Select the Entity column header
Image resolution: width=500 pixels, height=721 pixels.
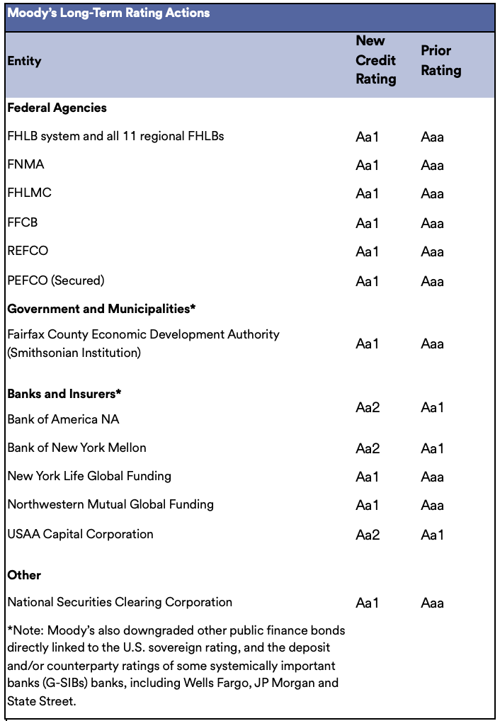tap(24, 61)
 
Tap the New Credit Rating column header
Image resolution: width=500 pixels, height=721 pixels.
tap(375, 60)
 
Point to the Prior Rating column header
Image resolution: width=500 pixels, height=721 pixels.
tap(441, 61)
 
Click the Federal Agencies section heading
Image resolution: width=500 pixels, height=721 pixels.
tap(57, 108)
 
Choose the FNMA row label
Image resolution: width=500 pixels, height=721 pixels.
tap(25, 164)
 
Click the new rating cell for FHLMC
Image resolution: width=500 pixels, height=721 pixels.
tap(368, 193)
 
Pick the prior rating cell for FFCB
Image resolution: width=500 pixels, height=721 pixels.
tap(432, 223)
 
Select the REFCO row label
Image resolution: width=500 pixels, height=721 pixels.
tap(28, 251)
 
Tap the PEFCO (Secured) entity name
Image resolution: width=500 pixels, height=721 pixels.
tap(56, 280)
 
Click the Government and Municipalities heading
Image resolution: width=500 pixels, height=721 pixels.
tap(101, 309)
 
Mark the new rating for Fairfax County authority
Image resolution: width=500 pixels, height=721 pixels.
tap(368, 344)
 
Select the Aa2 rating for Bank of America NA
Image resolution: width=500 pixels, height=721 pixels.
tap(368, 407)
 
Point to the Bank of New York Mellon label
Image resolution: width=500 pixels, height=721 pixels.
tap(76, 448)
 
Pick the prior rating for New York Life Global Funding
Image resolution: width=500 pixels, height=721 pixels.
tap(432, 477)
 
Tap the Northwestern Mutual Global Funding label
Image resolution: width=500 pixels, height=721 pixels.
tap(110, 504)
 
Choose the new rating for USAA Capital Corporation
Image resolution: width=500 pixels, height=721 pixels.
tap(368, 535)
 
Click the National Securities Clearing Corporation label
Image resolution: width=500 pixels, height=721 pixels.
tap(120, 602)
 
